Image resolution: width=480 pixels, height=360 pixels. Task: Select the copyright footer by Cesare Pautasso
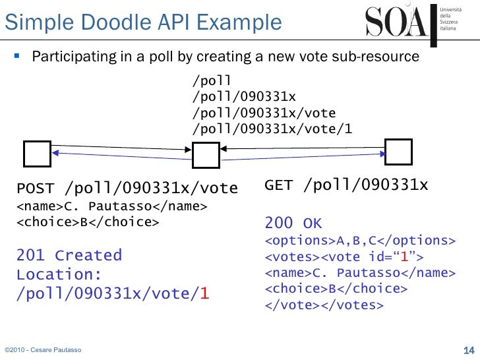43,349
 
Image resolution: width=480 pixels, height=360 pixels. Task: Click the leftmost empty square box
37,154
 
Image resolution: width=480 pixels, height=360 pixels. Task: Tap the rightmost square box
399,152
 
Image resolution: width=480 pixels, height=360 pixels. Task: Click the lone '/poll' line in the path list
211,82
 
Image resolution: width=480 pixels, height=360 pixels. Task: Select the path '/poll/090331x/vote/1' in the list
271,128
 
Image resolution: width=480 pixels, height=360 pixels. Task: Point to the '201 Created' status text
69,255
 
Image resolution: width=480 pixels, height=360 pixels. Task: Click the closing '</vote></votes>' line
323,305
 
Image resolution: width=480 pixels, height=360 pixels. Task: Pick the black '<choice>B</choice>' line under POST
87,222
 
